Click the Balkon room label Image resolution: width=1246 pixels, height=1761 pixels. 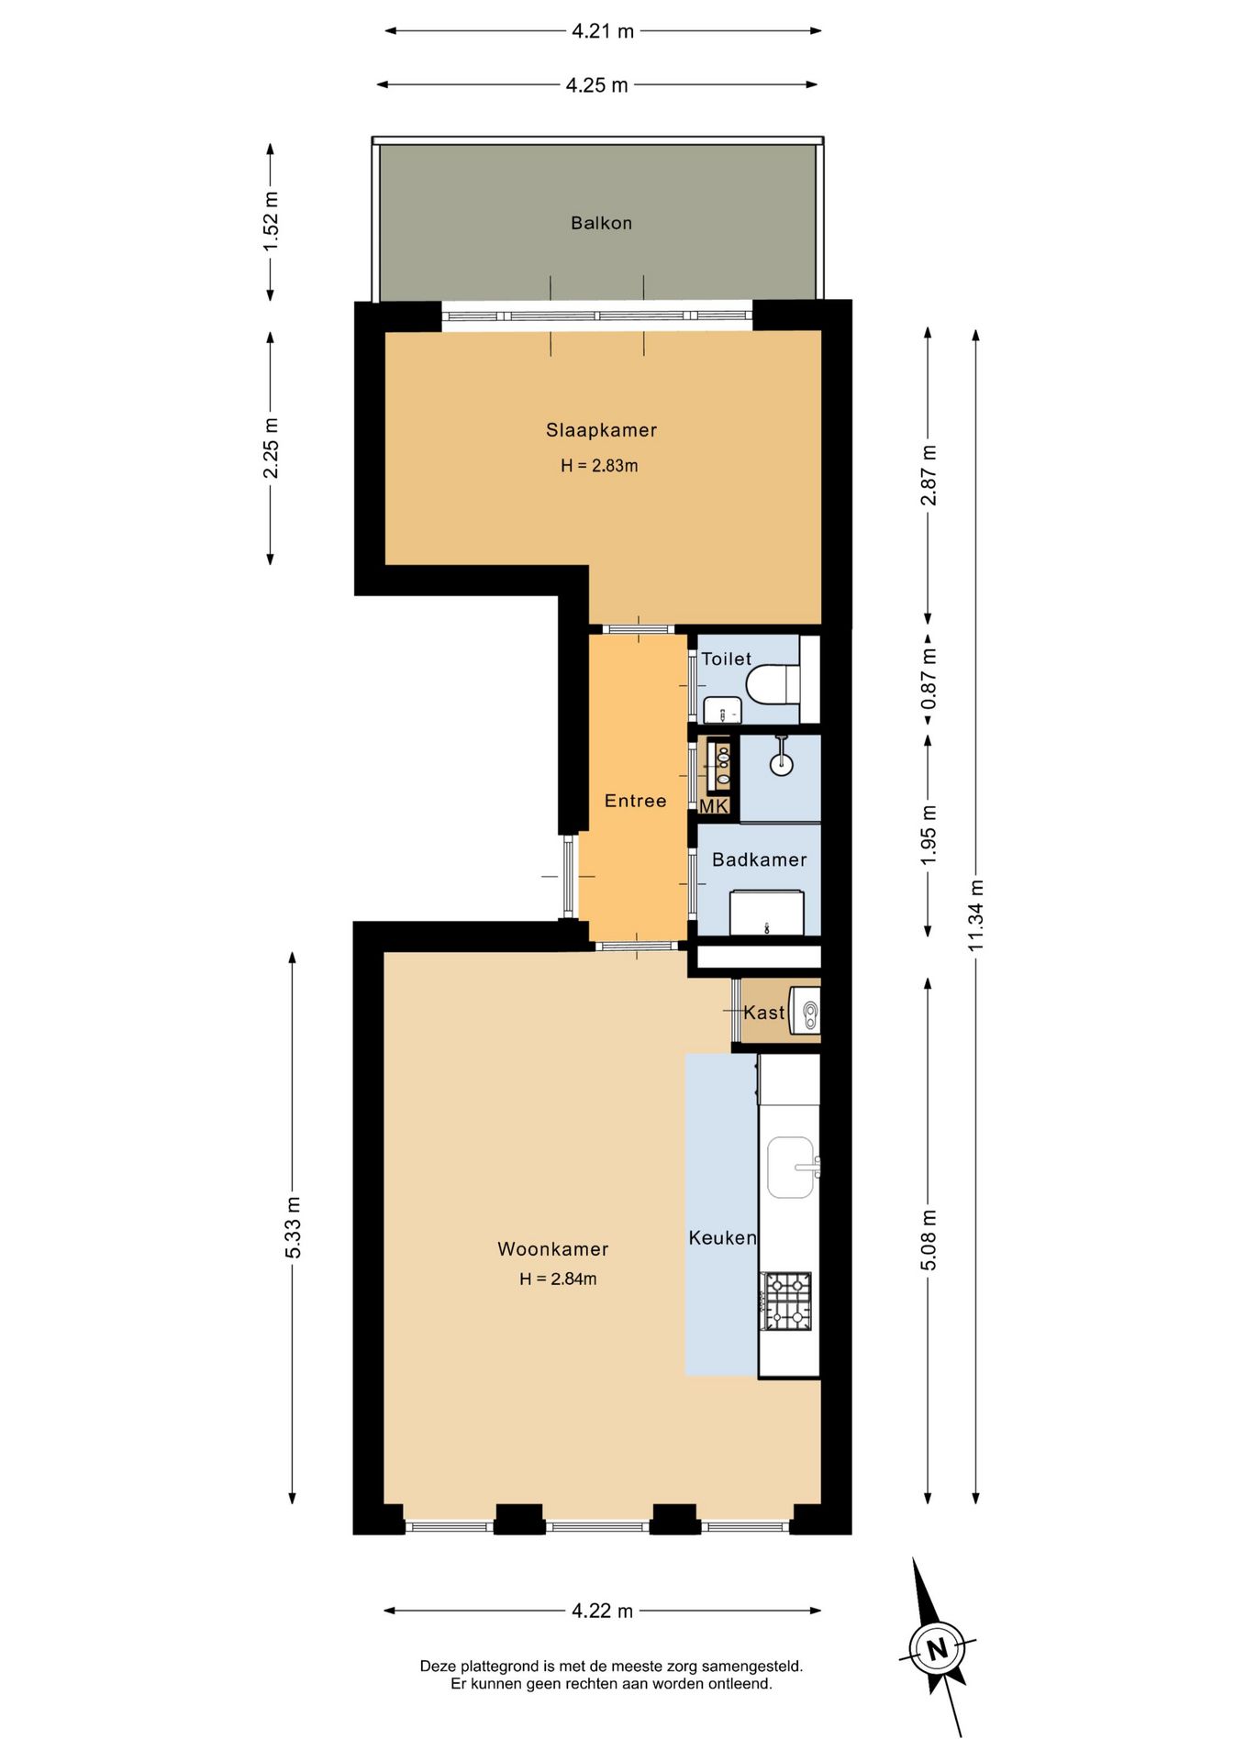pos(601,223)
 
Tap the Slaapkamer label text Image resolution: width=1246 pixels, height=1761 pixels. pos(601,430)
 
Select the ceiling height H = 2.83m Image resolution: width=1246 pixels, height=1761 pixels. pos(599,466)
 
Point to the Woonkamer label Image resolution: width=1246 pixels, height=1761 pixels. pos(552,1249)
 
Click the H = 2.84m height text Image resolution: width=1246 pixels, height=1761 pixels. pos(558,1279)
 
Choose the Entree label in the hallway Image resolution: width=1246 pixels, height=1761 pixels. pos(635,801)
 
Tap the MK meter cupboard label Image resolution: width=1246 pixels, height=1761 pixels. pos(713,806)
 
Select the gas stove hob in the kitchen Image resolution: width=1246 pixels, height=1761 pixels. pos(788,1301)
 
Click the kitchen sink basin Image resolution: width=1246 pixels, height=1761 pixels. pos(791,1168)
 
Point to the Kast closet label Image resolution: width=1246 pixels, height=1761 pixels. pos(764,1013)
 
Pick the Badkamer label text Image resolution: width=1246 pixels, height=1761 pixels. pos(760,860)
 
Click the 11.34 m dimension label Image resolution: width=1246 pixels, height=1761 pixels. pos(976,915)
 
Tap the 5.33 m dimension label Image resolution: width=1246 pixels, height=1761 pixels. pos(293,1227)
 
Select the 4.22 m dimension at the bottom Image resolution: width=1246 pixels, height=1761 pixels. pos(603,1611)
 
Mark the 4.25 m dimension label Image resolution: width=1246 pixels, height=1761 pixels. pos(596,85)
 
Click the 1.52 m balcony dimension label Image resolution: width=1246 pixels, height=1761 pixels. pos(271,222)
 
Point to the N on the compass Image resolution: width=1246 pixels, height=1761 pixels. pos(937,1648)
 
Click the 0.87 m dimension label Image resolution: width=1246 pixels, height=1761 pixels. pos(929,678)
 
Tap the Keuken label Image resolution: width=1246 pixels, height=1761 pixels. pos(723,1238)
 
